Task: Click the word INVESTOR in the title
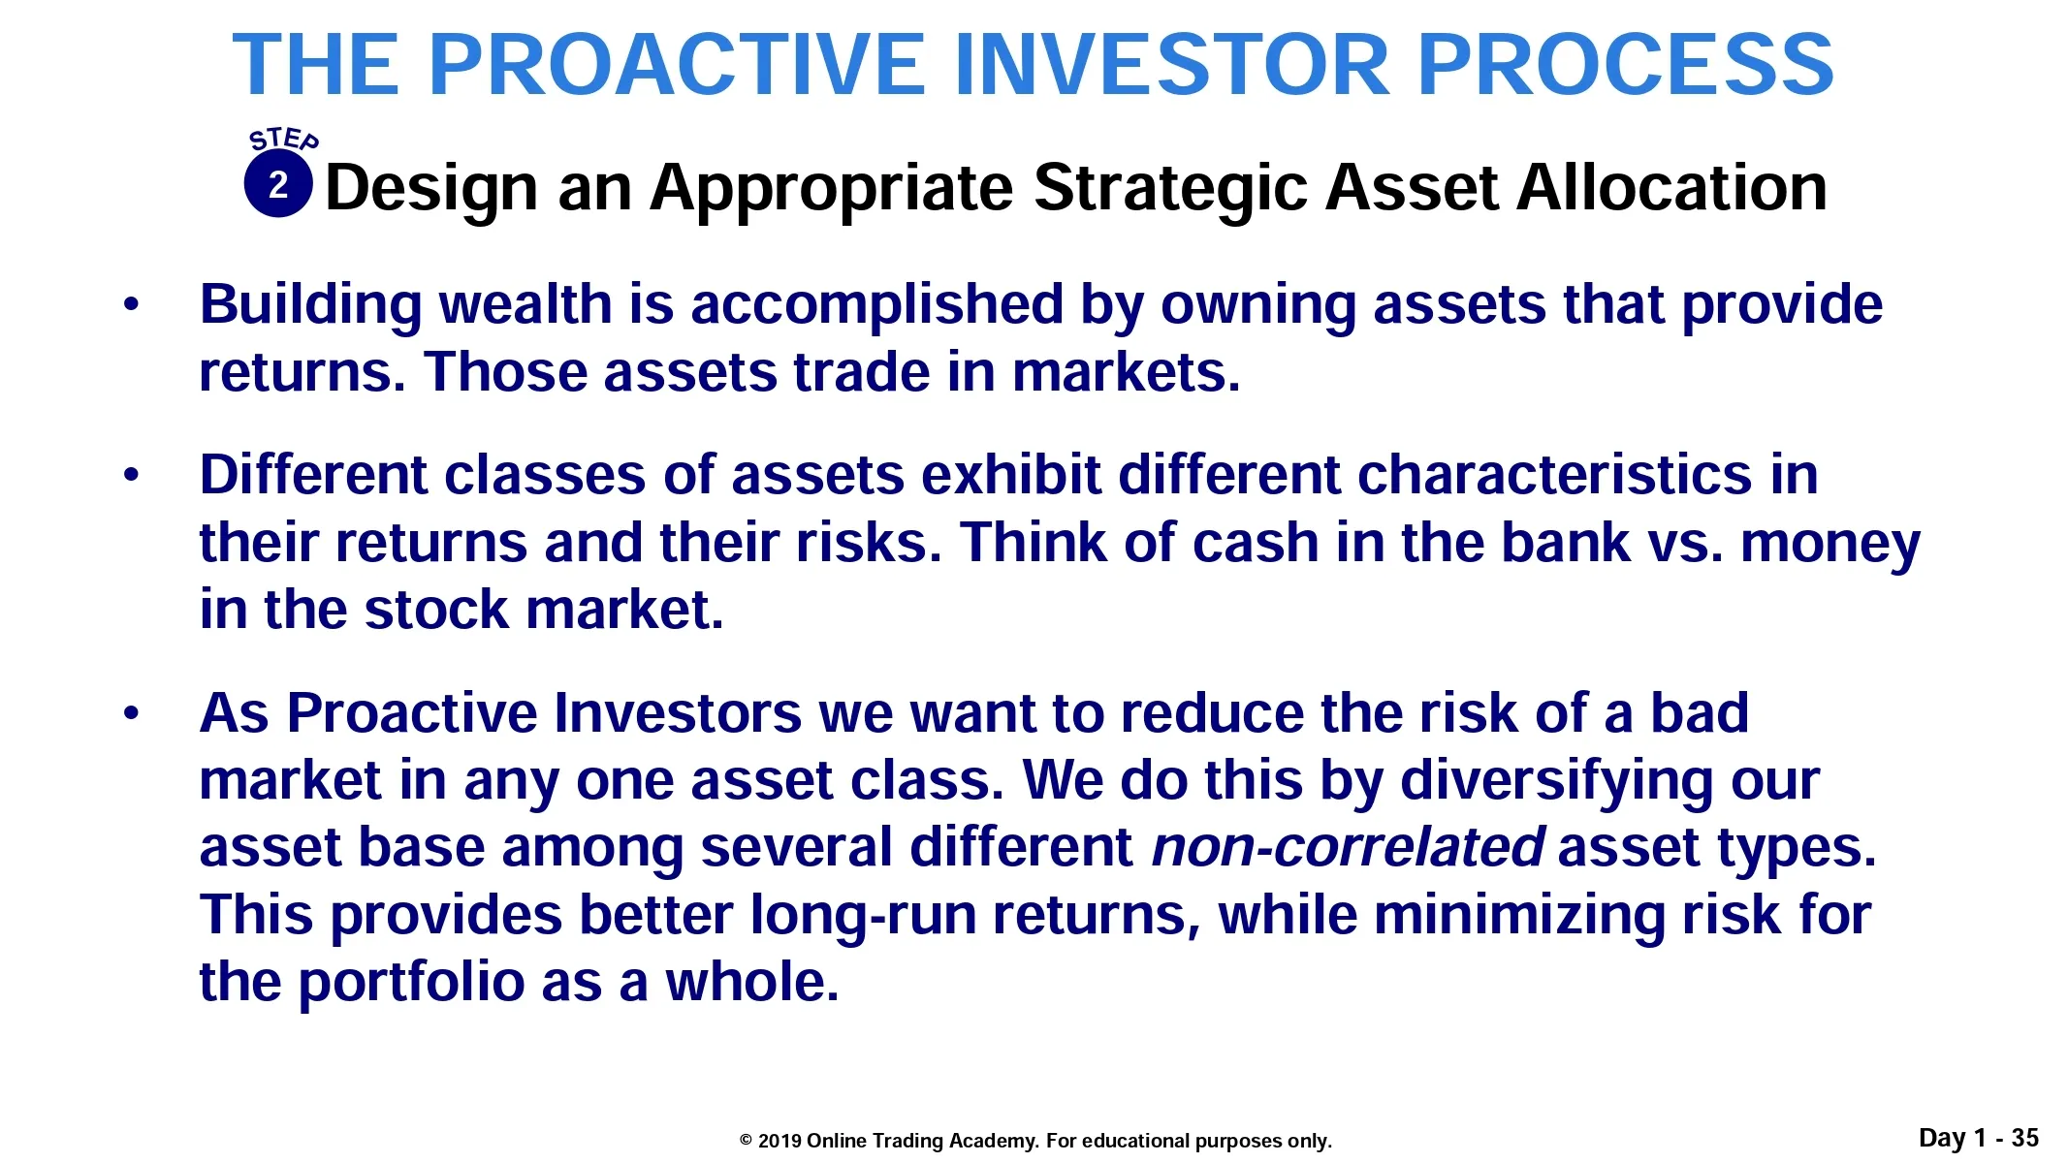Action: [x=1173, y=65]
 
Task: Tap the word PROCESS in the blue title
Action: [x=1626, y=65]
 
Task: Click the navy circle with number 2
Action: [x=278, y=184]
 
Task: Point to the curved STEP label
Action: [x=283, y=140]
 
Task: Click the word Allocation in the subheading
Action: [x=1671, y=187]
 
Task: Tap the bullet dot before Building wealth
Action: [x=132, y=306]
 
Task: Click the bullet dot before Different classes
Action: [x=132, y=476]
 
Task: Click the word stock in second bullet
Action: [x=436, y=610]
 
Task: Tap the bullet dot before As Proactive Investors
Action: [x=132, y=715]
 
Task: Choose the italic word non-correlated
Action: [x=1348, y=847]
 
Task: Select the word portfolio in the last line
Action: [x=411, y=984]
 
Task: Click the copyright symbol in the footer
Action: [x=746, y=1141]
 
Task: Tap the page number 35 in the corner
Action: [x=2024, y=1138]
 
